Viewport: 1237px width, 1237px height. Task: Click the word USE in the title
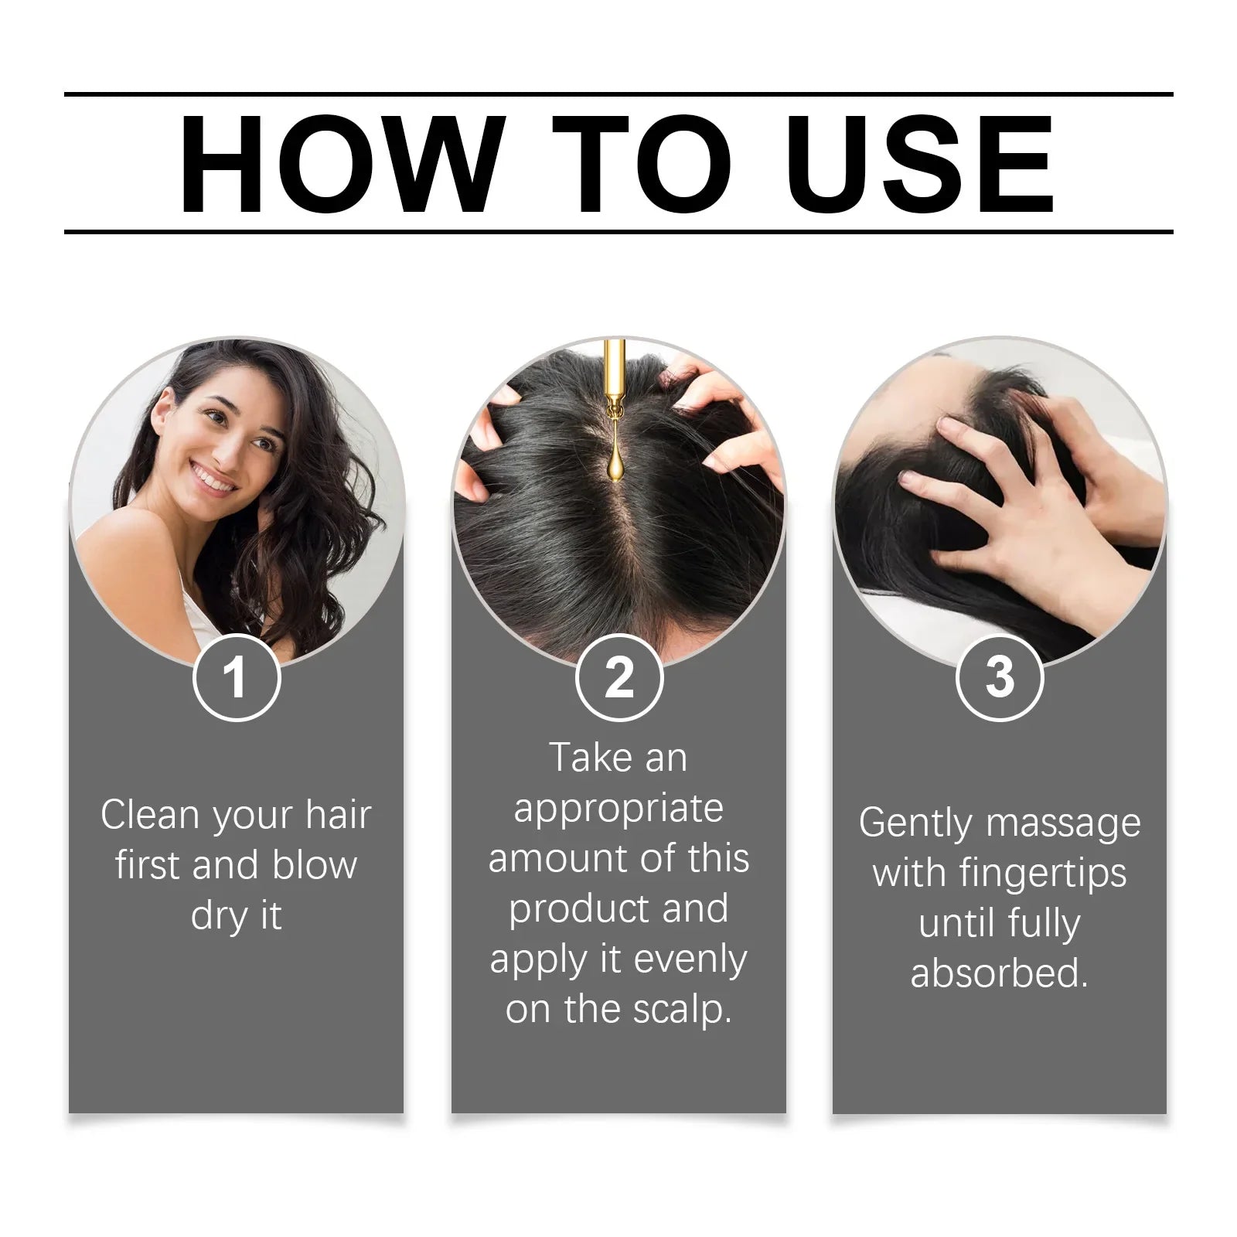pyautogui.click(x=920, y=164)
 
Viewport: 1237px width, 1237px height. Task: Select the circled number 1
pyautogui.click(x=236, y=678)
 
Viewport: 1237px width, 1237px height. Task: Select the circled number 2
pyautogui.click(x=619, y=678)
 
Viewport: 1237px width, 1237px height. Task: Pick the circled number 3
pyautogui.click(x=1000, y=678)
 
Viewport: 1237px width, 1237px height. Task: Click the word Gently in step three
pyautogui.click(x=915, y=824)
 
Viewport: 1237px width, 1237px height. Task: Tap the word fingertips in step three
pyautogui.click(x=1043, y=874)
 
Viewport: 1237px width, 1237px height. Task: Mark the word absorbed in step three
pyautogui.click(x=999, y=973)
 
